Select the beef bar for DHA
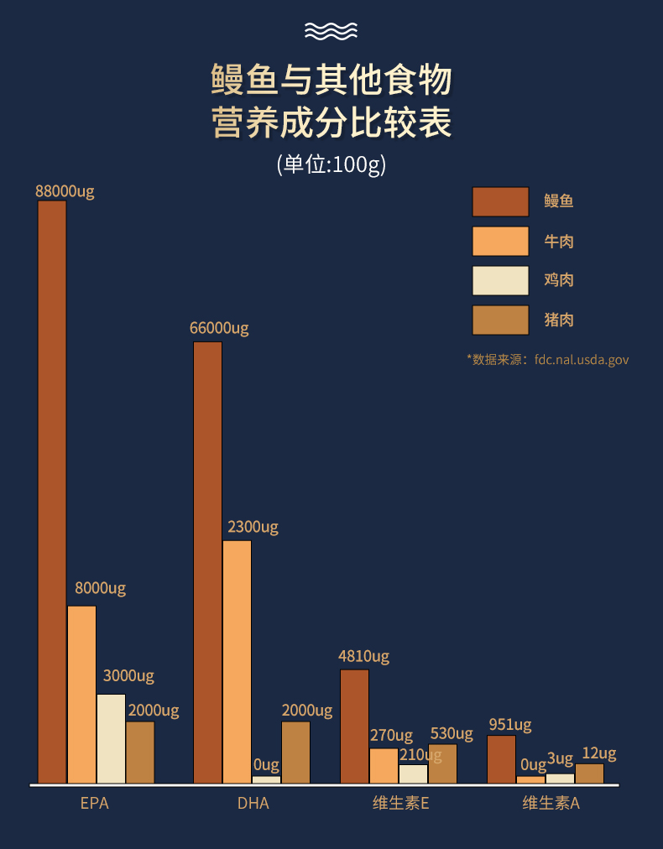pyautogui.click(x=237, y=662)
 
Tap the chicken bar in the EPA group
pyautogui.click(x=111, y=738)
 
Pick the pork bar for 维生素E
pyautogui.click(x=442, y=763)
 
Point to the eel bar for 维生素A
pyautogui.click(x=501, y=759)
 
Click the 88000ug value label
pyautogui.click(x=65, y=190)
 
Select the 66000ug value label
pyautogui.click(x=219, y=328)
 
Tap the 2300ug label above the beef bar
pyautogui.click(x=253, y=527)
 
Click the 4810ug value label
pyautogui.click(x=363, y=656)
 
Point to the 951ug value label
pyautogui.click(x=509, y=725)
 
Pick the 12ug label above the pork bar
pyautogui.click(x=599, y=753)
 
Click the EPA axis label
pyautogui.click(x=95, y=803)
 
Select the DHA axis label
pyautogui.click(x=253, y=803)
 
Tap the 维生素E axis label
pyautogui.click(x=401, y=803)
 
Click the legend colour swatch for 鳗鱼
pyautogui.click(x=500, y=201)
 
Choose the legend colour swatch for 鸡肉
pyautogui.click(x=500, y=281)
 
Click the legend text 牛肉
pyautogui.click(x=559, y=242)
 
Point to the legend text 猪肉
pyautogui.click(x=559, y=320)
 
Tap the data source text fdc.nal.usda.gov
pyautogui.click(x=581, y=359)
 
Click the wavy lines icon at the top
pyautogui.click(x=331, y=31)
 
